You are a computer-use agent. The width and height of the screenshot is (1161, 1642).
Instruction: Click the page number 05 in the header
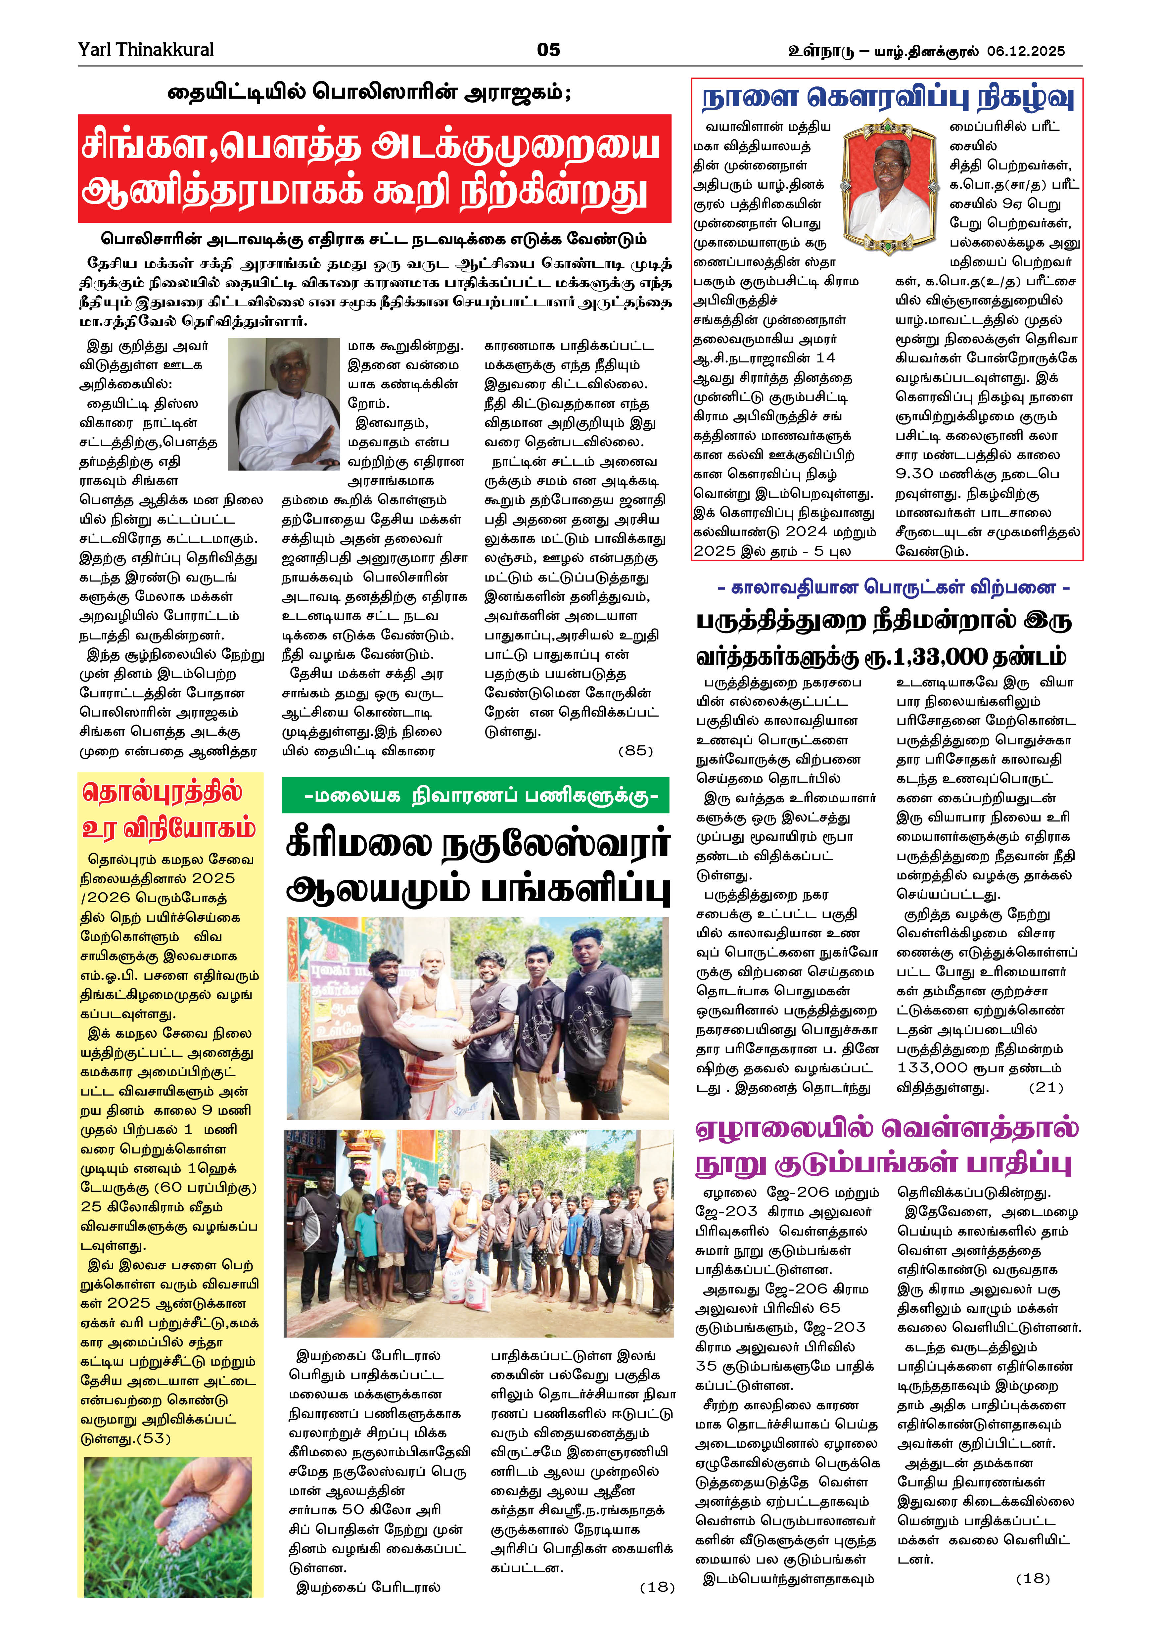pyautogui.click(x=548, y=50)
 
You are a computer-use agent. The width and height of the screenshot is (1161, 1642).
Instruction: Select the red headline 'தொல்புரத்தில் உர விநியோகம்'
pyautogui.click(x=169, y=810)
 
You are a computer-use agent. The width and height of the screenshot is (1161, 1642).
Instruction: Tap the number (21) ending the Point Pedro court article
pyautogui.click(x=1045, y=1088)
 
